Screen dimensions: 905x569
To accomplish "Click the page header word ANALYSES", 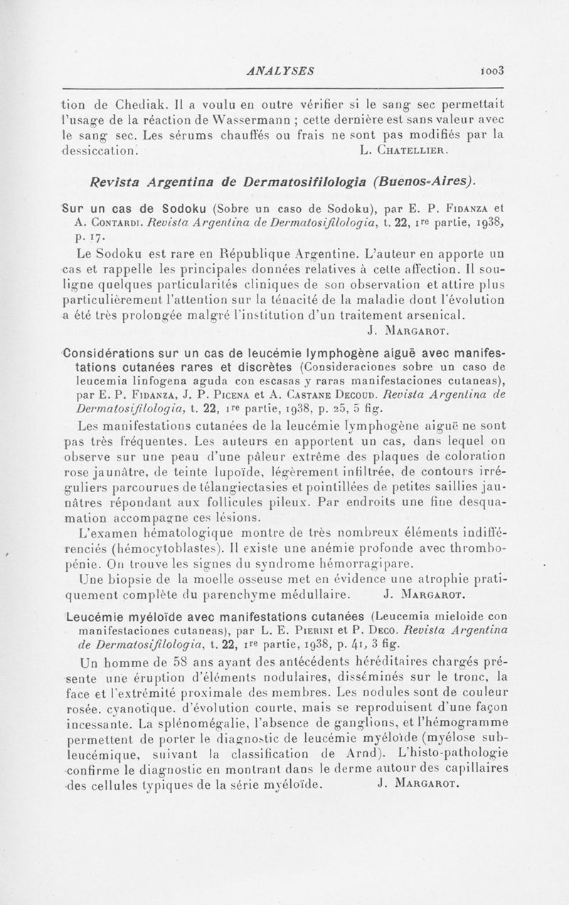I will [x=283, y=70].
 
